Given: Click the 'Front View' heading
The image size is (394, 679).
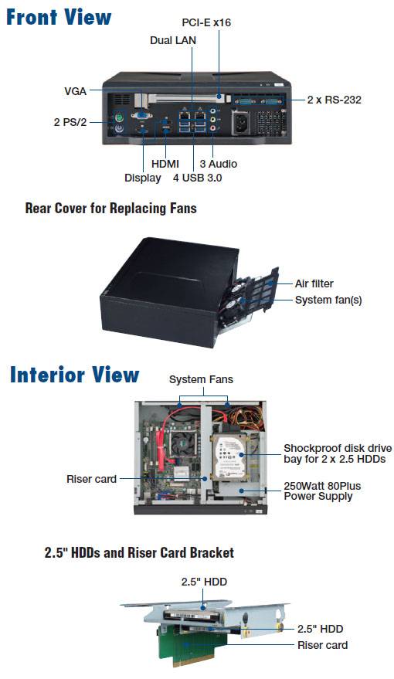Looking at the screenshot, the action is point(59,17).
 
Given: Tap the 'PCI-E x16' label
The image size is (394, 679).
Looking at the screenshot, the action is point(206,22).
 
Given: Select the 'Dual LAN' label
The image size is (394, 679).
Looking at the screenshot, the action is point(173,40).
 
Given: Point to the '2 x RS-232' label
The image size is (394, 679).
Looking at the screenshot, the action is point(334,100).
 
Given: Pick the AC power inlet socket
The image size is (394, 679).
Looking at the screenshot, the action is point(243,122).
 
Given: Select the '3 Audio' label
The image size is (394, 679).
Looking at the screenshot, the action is point(218,164).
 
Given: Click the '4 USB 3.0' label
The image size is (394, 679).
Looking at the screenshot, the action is point(198,178).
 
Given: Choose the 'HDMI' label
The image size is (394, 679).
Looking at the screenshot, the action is point(165,164).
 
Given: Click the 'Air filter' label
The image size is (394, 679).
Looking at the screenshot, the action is point(314,283).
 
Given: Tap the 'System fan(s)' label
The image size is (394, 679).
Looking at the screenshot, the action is point(328,300).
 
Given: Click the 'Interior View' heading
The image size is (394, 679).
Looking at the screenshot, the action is point(74,375).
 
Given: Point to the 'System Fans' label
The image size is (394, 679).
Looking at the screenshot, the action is point(201,379).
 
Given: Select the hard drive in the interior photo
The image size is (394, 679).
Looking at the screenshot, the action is point(228,457).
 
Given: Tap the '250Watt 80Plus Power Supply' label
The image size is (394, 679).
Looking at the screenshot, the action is point(322,491).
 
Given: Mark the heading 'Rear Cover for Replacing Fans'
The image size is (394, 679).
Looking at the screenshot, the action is point(110,209).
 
